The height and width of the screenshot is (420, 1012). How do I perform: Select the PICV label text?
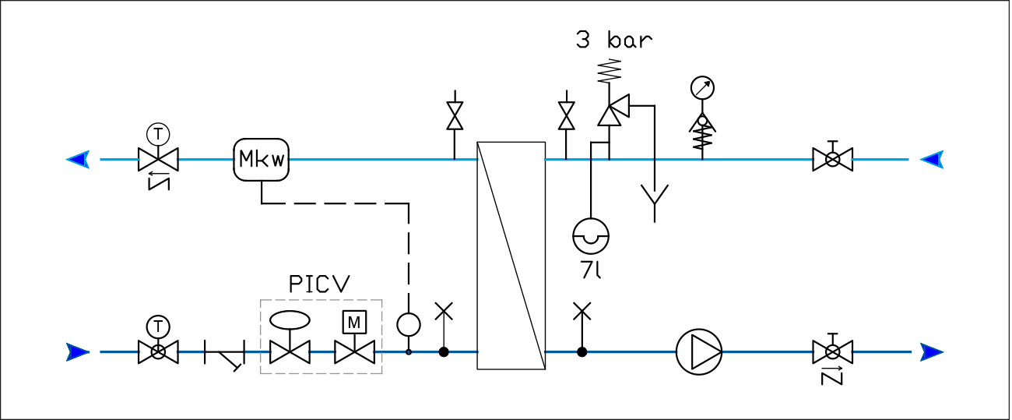pyautogui.click(x=319, y=284)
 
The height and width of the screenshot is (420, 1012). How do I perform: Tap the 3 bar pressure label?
pyautogui.click(x=613, y=41)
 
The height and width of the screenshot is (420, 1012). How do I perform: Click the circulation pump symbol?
pyautogui.click(x=698, y=352)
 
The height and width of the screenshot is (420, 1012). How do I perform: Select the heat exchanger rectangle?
pyautogui.click(x=511, y=255)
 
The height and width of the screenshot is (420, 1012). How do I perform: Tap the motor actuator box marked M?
pyautogui.click(x=354, y=321)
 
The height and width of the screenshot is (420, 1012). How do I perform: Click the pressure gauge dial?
pyautogui.click(x=702, y=88)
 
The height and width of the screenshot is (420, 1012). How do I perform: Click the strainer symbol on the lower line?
pyautogui.click(x=226, y=355)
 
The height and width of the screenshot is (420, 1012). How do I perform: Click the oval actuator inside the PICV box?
pyautogui.click(x=289, y=320)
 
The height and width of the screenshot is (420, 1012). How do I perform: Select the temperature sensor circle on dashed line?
pyautogui.click(x=408, y=323)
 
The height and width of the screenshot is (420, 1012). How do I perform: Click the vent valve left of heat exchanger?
pyautogui.click(x=454, y=117)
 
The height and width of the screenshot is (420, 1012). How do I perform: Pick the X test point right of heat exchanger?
pyautogui.click(x=581, y=312)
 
